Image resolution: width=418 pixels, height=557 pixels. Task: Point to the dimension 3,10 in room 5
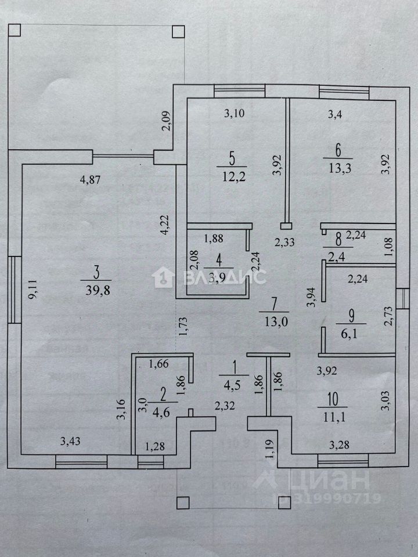[235, 114]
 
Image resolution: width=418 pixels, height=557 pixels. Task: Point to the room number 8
[336, 236]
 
